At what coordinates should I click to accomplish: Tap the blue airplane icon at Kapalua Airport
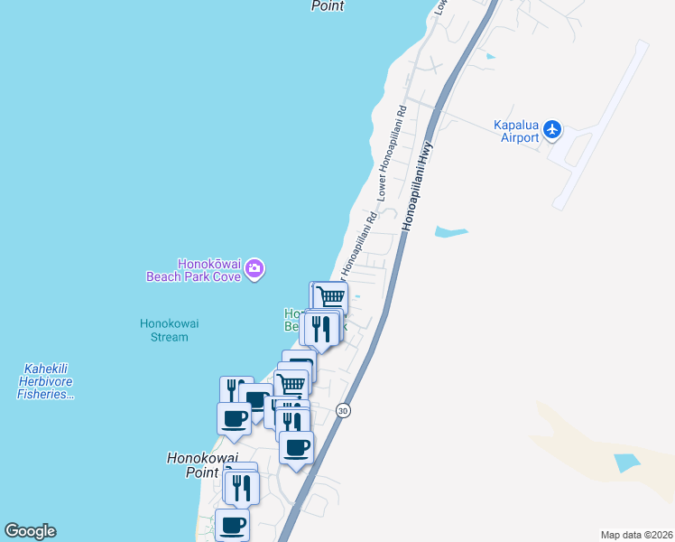coord(553,131)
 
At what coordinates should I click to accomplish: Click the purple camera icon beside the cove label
coord(254,269)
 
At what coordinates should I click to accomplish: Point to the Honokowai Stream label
coord(164,330)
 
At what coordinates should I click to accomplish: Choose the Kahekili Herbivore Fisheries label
coord(45,381)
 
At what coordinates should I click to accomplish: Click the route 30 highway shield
coord(343,411)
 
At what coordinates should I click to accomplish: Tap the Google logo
coord(30,531)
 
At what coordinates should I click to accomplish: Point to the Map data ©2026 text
coord(636,535)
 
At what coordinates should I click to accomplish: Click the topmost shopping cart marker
coord(331,296)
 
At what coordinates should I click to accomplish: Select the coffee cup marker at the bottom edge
coord(233,524)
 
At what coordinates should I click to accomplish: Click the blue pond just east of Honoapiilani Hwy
coord(450,232)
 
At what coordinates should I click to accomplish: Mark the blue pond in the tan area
coord(628,463)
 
